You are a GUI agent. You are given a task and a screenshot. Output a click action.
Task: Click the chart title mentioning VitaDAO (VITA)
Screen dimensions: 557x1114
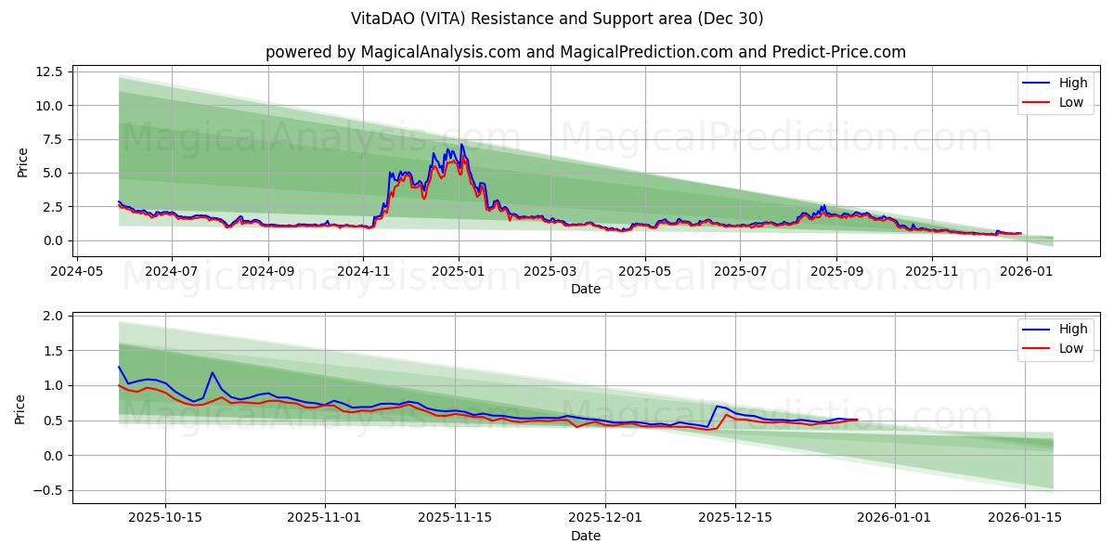(x=557, y=19)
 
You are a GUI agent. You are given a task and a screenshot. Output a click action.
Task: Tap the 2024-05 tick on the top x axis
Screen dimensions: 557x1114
(x=76, y=272)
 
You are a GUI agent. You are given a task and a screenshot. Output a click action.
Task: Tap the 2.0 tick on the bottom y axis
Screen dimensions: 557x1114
(x=53, y=316)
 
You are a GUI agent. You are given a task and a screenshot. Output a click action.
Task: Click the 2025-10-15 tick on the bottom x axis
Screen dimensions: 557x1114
(x=166, y=518)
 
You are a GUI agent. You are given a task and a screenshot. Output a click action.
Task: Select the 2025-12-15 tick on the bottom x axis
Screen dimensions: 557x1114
(x=735, y=518)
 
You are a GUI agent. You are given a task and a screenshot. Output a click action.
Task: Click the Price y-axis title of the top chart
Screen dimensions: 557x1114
(x=22, y=162)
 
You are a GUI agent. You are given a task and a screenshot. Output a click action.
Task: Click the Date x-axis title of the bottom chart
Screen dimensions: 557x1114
(x=585, y=536)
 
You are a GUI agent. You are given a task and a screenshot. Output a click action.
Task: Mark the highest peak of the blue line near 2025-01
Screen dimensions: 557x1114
(x=461, y=144)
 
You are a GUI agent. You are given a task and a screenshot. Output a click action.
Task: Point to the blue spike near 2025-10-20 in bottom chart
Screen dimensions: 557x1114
(x=213, y=372)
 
